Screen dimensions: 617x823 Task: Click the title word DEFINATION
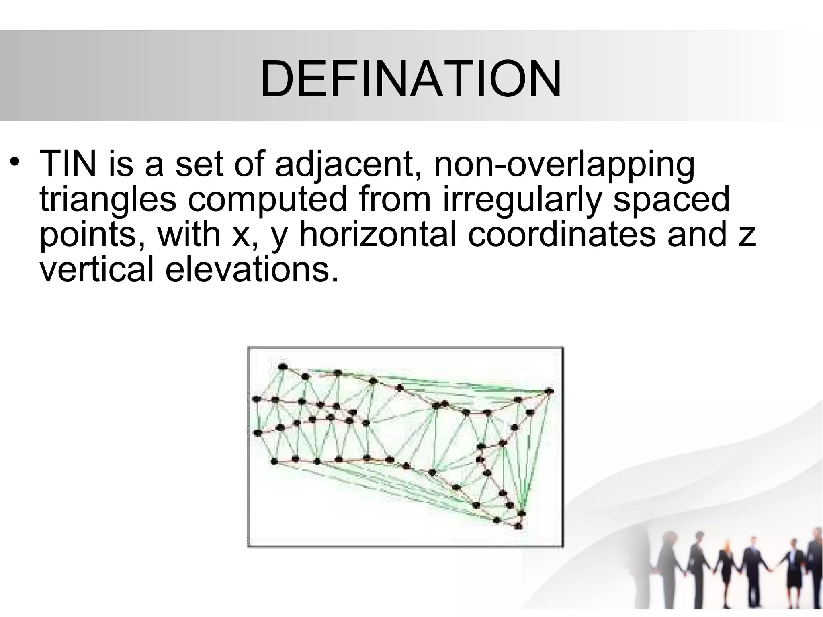coord(411,79)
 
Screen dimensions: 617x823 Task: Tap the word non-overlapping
coord(564,165)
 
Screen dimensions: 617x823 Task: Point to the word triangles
coord(108,200)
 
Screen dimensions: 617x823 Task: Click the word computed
coord(267,199)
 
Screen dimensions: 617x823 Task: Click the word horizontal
coord(378,235)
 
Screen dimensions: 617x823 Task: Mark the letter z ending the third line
coord(748,237)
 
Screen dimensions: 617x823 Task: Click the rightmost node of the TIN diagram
coord(549,391)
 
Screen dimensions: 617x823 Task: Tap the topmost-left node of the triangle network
coord(283,366)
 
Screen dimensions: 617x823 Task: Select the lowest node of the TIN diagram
coord(518,525)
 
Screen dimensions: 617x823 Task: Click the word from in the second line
coord(395,199)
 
